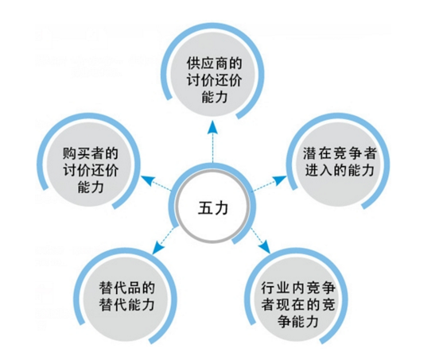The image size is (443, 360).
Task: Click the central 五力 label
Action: pos(212,208)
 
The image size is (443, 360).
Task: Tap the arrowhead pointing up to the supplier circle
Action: pos(212,126)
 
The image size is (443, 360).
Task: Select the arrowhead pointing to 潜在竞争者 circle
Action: pos(280,180)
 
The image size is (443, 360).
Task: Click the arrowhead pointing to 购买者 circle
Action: pos(148,180)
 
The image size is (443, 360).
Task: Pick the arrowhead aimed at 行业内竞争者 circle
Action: pos(265,247)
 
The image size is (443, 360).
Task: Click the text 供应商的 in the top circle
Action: pos(215,64)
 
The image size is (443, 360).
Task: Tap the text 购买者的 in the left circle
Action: pos(91,153)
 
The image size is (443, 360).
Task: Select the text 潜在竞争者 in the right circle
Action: pos(340,153)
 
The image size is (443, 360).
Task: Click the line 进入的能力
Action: pos(340,170)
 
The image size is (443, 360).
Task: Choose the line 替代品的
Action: pos(127,288)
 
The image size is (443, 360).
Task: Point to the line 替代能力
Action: pos(127,304)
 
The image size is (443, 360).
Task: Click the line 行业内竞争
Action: pos(298,288)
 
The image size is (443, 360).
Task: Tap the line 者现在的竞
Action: pos(298,304)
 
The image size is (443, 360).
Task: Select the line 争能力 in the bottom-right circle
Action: pos(298,321)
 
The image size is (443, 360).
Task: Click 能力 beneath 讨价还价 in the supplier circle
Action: pos(215,97)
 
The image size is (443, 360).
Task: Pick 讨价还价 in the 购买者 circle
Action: pos(91,170)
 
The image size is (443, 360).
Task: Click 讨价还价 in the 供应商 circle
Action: pos(215,80)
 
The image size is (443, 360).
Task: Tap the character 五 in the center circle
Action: pos(205,208)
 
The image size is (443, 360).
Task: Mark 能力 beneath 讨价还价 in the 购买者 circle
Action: pos(91,187)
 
